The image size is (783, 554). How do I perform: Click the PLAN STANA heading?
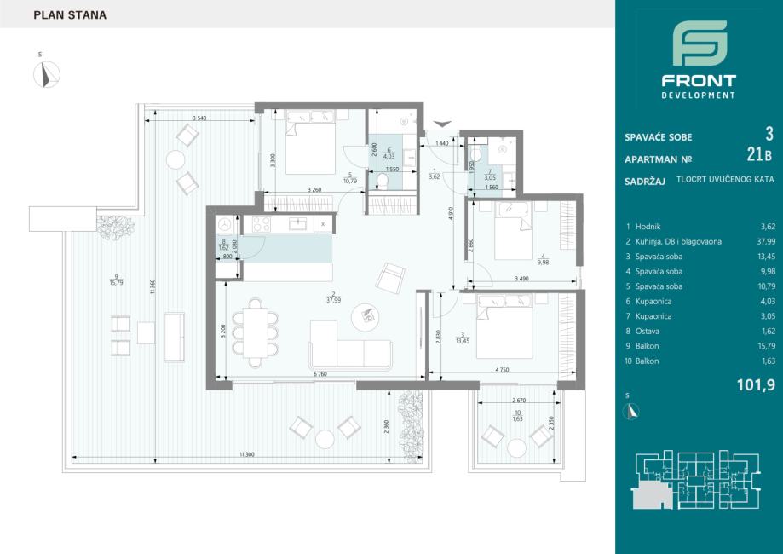point(70,15)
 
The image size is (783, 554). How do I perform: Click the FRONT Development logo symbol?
point(700,43)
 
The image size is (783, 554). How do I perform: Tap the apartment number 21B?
point(759,155)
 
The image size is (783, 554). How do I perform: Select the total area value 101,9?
point(756,384)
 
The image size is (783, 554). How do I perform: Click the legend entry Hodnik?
point(648,227)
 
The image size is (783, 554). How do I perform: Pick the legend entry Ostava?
point(648,332)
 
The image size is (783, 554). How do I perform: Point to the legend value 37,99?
point(766,242)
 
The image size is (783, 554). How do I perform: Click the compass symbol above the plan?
point(47,74)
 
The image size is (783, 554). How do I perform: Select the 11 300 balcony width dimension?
point(247,454)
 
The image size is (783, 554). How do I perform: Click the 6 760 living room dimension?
point(321,374)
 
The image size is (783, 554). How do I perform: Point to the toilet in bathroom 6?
point(382,182)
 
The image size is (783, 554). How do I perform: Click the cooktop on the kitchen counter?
point(262,224)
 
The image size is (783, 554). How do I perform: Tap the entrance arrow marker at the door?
point(442,124)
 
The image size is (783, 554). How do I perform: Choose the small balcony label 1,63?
point(517,418)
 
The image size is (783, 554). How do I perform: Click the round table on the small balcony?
point(517,447)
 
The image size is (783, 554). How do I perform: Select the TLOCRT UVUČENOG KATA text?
point(725,179)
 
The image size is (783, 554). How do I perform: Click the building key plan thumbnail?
point(697,480)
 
